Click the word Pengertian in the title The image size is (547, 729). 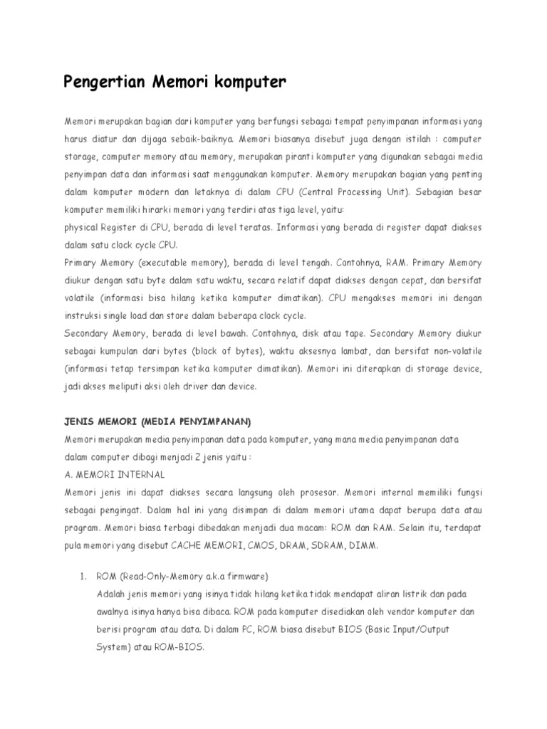[105, 83]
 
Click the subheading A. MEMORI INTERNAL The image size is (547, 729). [114, 474]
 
